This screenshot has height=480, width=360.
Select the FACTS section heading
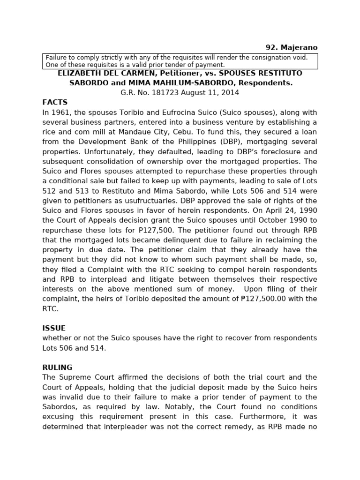55,102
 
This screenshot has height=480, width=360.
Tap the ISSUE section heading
54,328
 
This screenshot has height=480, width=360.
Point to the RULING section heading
57,367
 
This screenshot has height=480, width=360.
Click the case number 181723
163,92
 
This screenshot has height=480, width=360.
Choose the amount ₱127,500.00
267,299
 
